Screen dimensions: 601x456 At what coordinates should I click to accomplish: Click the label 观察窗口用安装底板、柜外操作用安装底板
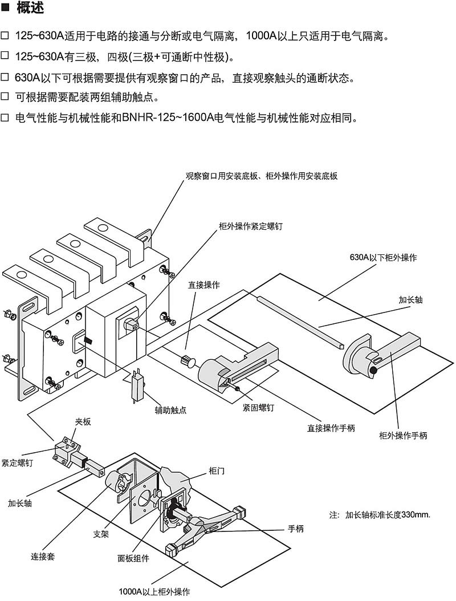point(262,176)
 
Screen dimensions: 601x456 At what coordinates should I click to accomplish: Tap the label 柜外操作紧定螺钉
point(251,226)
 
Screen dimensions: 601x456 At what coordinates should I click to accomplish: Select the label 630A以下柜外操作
point(383,257)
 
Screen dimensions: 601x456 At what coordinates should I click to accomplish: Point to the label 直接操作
point(203,285)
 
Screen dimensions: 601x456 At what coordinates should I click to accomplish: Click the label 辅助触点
point(170,409)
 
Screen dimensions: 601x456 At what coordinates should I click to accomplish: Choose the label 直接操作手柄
point(331,428)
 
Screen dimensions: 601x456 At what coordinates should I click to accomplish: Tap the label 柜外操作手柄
point(403,436)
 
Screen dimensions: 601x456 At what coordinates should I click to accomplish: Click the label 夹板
point(83,422)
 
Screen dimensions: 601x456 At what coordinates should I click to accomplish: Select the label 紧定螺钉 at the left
point(17,463)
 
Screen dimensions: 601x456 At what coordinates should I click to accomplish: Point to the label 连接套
point(43,556)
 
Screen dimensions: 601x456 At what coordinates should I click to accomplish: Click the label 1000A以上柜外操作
point(154,591)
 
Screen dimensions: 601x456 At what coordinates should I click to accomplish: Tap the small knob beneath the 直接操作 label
point(188,361)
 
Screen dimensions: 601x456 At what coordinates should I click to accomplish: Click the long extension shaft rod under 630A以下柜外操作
point(299,322)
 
